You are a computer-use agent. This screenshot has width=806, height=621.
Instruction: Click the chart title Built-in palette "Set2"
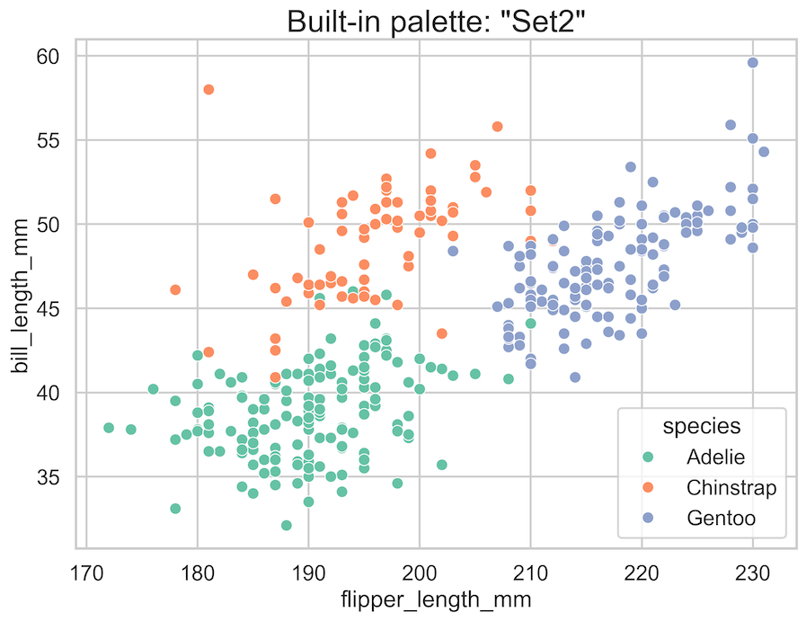pos(439,20)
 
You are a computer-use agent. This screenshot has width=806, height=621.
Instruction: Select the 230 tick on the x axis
pos(752,571)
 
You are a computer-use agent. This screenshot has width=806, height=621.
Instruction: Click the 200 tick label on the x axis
pos(420,571)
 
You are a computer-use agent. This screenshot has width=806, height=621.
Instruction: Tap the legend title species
pos(702,426)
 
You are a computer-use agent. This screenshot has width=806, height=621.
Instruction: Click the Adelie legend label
pos(715,457)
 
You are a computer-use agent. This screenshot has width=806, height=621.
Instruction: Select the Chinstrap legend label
pos(731,487)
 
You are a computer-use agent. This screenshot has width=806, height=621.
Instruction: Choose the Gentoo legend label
pos(721,518)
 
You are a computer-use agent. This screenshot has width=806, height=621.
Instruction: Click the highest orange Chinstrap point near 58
pos(208,89)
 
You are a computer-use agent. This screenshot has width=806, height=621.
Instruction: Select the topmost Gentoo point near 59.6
pos(752,62)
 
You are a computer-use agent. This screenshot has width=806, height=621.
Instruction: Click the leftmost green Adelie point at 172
pos(109,428)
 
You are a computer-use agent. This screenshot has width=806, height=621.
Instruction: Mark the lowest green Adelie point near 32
pos(286,525)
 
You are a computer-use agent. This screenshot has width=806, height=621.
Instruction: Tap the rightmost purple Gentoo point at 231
pos(764,152)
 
